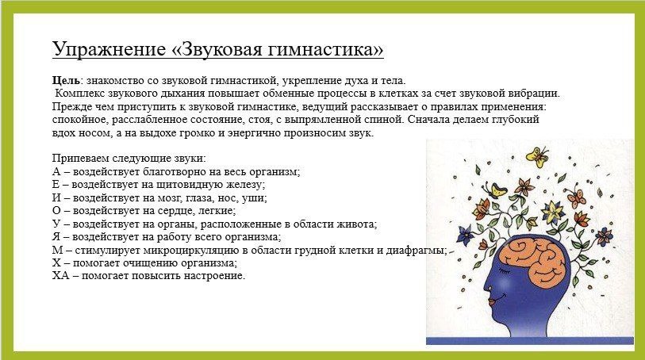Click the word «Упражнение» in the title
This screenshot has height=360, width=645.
109,49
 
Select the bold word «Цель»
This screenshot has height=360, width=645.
66,81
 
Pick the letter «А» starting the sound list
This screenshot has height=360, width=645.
56,171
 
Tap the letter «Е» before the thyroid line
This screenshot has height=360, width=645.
56,185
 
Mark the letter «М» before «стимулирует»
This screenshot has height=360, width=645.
57,250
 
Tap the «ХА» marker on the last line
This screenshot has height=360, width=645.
61,275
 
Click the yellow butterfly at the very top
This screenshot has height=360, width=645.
538,156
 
